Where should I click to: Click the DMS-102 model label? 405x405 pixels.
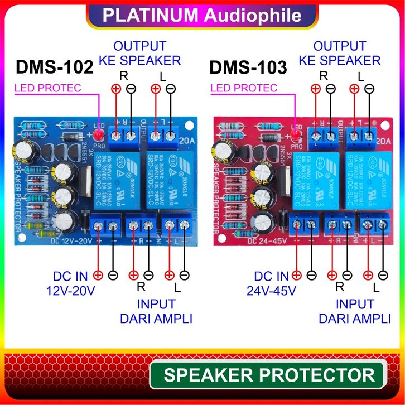pos(54,67)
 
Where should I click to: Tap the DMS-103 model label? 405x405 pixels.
pos(248,67)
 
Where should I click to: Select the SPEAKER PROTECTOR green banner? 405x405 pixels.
pos(269,375)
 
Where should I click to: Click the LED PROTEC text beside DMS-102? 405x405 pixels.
pos(47,88)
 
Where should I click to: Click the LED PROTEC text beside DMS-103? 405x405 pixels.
pos(243,88)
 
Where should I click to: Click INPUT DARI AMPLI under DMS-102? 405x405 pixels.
pos(156,311)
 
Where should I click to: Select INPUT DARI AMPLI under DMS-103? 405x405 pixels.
pos(354,311)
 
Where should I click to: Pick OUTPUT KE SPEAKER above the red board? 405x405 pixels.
pos(339,53)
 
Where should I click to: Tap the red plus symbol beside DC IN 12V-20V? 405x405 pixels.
pos(98,275)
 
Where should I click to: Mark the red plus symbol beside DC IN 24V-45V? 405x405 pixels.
pos(296,275)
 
